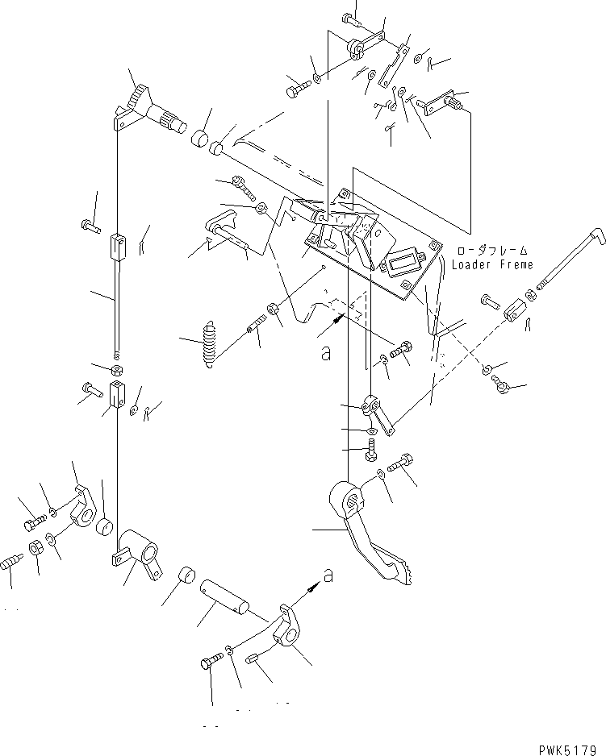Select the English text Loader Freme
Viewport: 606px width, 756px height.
pos(492,265)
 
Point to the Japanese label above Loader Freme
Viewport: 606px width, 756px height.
pos(492,251)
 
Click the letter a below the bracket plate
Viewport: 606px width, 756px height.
pos(326,353)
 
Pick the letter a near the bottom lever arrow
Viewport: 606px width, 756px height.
pos(328,575)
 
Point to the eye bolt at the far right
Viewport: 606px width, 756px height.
pos(503,390)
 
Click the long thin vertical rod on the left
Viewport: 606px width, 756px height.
pos(117,306)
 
